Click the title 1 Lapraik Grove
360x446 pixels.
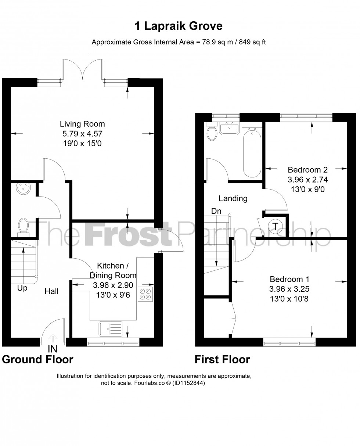tap(179, 26)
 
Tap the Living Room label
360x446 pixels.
tap(82, 124)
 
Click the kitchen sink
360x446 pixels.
tap(110, 328)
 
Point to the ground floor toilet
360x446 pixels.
tap(23, 225)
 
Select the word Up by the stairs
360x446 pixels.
tap(22, 288)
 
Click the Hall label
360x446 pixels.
tap(51, 291)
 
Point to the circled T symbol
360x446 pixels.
tap(275, 226)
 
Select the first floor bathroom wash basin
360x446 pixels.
tap(229, 128)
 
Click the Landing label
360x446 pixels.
tap(233, 198)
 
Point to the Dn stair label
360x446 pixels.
tap(216, 211)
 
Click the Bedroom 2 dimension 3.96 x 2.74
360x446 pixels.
tap(307, 180)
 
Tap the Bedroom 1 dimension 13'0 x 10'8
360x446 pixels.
tap(289, 299)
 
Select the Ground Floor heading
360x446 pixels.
tap(37, 359)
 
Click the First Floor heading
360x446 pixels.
tap(222, 359)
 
